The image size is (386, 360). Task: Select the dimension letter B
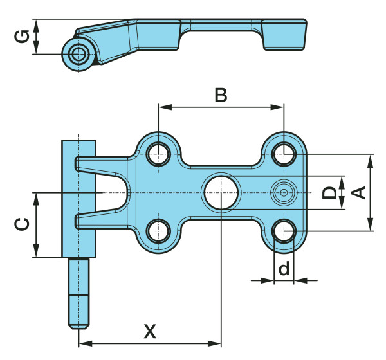(x=221, y=95)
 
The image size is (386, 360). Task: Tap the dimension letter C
(x=22, y=224)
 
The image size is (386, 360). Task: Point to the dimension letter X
(x=149, y=332)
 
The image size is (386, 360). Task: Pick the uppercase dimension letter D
(x=329, y=192)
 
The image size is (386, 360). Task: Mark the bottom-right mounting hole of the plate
(x=283, y=230)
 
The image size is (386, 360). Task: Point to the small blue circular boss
(x=283, y=192)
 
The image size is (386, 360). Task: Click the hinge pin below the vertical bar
(x=79, y=292)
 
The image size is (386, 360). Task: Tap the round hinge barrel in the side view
(x=78, y=53)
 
